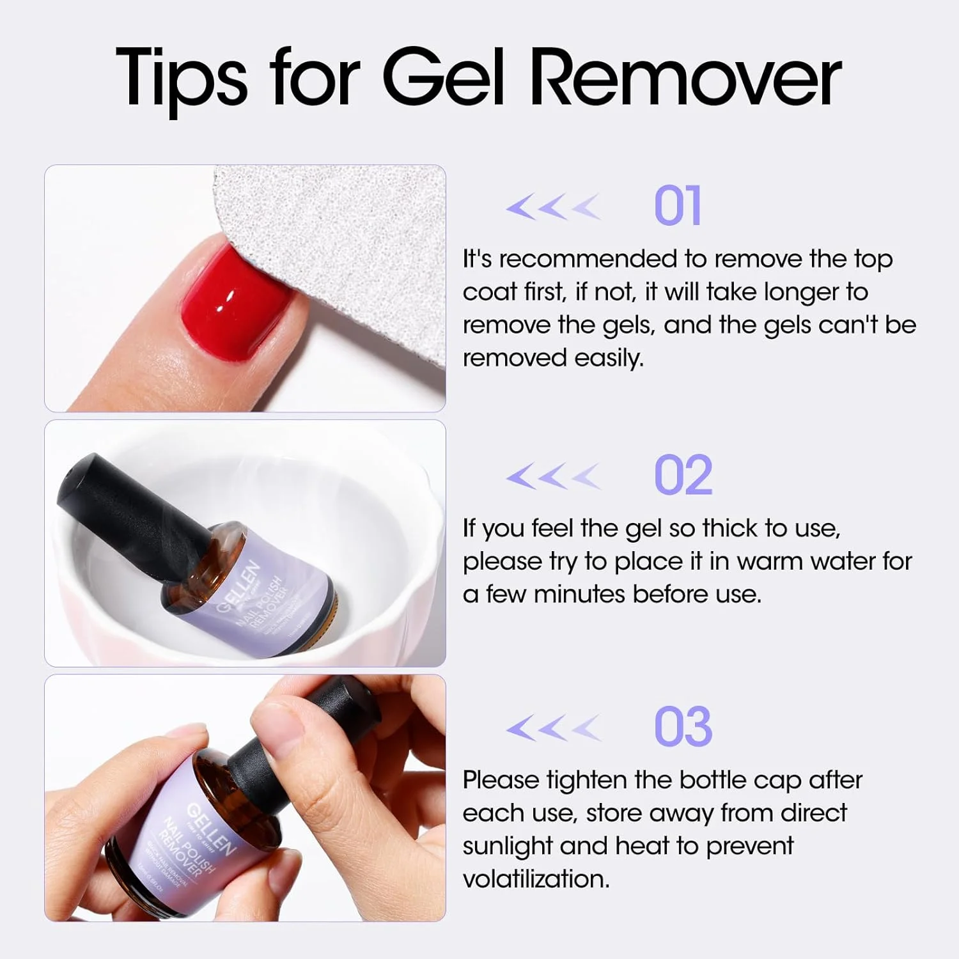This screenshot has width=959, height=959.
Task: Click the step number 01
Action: pos(678,206)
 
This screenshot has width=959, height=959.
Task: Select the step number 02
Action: pos(683,476)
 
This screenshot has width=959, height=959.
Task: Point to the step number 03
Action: pos(683,727)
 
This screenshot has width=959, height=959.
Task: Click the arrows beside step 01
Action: pos(554,207)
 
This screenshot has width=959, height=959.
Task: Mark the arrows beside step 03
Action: pos(554,728)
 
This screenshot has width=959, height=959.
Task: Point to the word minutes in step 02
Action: pos(579,595)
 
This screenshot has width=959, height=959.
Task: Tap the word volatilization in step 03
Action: pos(536,879)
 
